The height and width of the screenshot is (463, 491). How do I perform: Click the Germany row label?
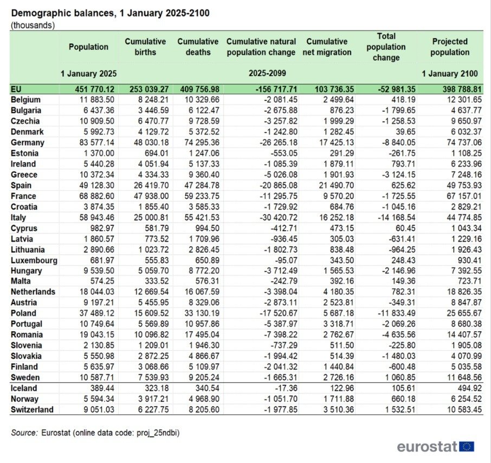27,143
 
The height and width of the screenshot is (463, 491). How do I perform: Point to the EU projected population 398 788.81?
454,90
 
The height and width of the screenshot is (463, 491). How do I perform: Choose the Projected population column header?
450,47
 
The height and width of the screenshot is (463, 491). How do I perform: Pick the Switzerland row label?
32,409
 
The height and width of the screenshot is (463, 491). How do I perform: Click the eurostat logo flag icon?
467,447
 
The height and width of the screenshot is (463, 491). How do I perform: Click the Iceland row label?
24,388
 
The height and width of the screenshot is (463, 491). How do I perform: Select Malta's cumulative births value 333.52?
147,281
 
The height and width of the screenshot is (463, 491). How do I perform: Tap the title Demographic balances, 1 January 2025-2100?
110,12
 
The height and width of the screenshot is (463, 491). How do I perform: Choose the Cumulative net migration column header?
327,47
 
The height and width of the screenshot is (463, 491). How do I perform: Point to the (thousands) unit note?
32,25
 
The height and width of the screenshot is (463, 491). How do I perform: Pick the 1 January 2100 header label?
450,73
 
